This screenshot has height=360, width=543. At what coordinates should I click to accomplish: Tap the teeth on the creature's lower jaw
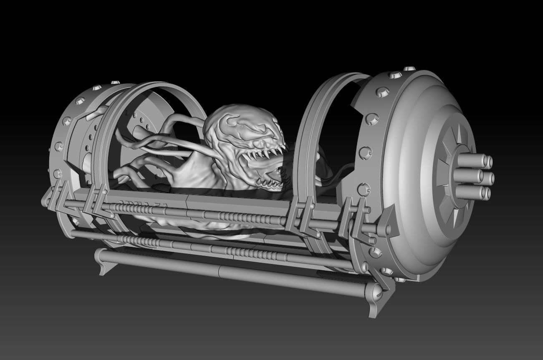pyautogui.click(x=269, y=182)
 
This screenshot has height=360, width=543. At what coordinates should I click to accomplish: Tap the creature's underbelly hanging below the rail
pyautogui.click(x=209, y=223)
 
